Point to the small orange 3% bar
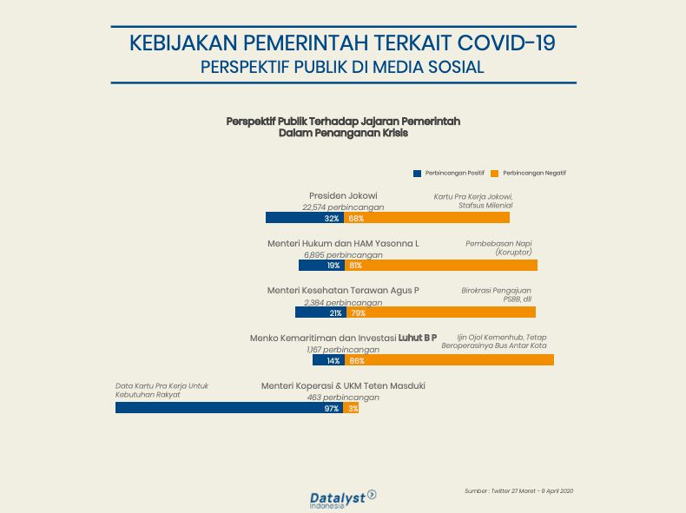click(351, 407)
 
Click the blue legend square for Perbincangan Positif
click(417, 173)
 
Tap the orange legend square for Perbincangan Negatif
click(495, 173)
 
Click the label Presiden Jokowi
click(343, 195)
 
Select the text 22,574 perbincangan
click(343, 207)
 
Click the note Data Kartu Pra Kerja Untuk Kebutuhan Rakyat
click(162, 390)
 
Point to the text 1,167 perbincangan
click(343, 349)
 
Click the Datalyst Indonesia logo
click(341, 498)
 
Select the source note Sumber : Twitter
click(519, 491)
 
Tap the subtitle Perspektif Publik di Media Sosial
click(342, 67)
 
